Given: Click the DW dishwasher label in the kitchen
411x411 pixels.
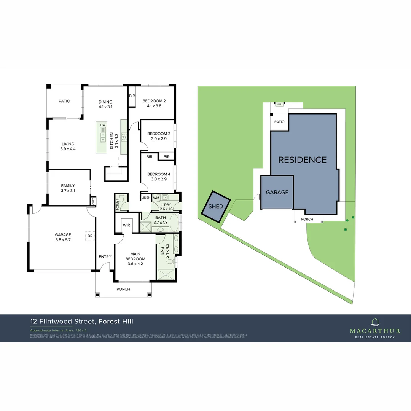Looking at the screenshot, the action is tap(103, 125).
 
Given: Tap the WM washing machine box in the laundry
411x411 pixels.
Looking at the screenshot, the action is tap(156, 198).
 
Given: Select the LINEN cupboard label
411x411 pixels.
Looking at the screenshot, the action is tap(146, 198).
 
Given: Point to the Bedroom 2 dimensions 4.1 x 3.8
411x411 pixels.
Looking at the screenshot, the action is tap(154, 107).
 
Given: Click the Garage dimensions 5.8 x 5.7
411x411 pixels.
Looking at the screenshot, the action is tap(63, 240).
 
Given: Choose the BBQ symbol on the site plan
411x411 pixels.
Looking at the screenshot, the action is tap(279, 104).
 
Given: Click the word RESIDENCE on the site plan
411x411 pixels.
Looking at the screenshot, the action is tap(302, 160).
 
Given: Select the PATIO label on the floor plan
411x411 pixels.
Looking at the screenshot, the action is tap(64, 101).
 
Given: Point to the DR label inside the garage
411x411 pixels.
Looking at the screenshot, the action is tap(90, 236).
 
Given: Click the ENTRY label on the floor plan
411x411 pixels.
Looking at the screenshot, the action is tap(105, 257).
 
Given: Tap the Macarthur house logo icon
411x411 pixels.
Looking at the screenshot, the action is tap(375, 322).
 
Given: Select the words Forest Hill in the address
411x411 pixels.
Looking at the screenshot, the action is tap(116, 322).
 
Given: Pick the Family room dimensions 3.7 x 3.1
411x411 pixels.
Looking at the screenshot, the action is tap(68, 191).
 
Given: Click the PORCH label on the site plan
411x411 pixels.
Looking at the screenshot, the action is tap(307, 219).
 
